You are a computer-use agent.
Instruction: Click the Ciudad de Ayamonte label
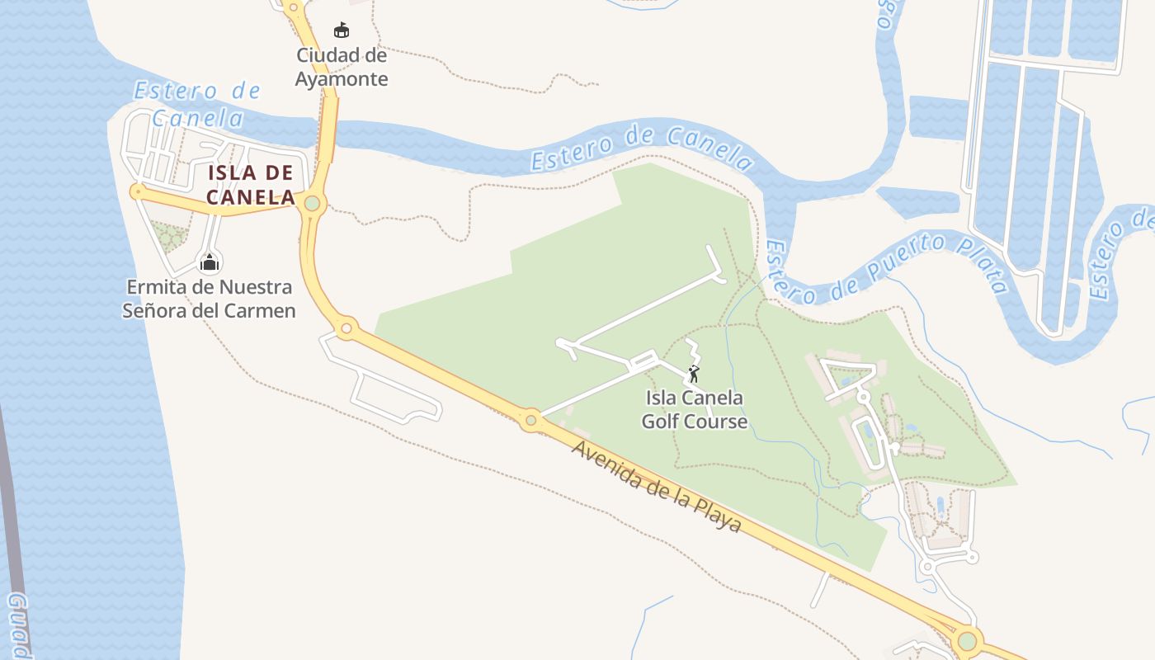[x=342, y=67]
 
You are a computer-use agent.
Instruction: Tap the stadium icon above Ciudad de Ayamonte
[x=341, y=31]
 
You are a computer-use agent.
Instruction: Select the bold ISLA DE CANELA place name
[x=251, y=185]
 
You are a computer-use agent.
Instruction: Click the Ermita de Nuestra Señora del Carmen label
[x=209, y=299]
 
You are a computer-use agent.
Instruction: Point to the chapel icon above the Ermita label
[x=210, y=263]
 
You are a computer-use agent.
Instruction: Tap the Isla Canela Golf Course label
[x=695, y=409]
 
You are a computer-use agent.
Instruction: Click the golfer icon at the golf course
[x=695, y=374]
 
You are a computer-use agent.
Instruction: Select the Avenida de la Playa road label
[x=657, y=487]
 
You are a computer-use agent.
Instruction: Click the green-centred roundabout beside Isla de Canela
[x=312, y=203]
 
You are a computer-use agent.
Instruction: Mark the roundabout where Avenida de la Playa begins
[x=346, y=329]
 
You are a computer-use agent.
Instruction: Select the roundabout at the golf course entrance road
[x=530, y=421]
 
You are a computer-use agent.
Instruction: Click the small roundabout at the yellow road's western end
[x=137, y=192]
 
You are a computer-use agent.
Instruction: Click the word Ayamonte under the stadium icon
[x=342, y=79]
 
